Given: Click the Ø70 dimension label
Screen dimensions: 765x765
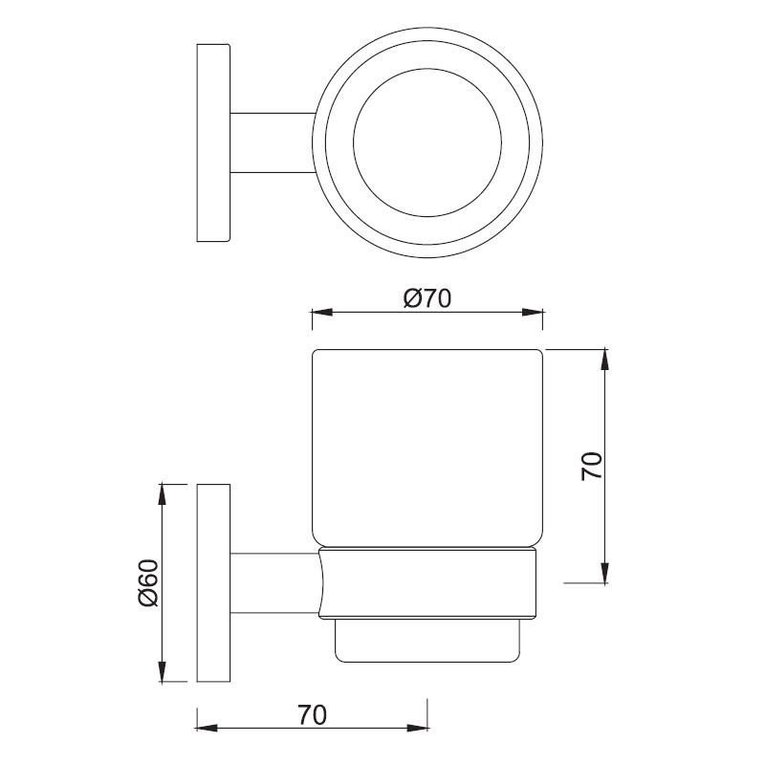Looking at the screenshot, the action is [427, 298].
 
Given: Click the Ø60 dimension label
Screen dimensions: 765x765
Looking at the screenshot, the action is [148, 582].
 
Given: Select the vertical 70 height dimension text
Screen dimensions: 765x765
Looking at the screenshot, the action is [592, 467].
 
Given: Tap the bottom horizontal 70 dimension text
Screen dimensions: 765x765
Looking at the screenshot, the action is [313, 715].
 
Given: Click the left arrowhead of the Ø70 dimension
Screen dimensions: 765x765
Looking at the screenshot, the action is [322, 313].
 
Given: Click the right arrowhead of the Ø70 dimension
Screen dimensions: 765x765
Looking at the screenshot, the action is [533, 313].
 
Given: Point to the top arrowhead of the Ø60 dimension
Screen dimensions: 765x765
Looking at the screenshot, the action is [163, 493].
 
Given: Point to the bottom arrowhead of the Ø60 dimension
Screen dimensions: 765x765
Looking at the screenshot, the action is [163, 672].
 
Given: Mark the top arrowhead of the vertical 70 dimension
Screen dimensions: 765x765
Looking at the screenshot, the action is [605, 360].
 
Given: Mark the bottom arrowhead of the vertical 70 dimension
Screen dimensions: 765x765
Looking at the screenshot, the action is [605, 573].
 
